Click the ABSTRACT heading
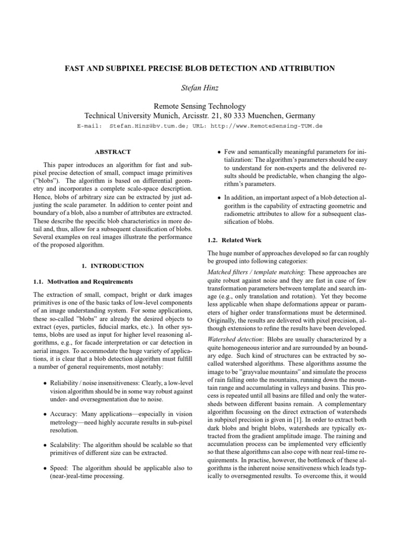pos(112,152)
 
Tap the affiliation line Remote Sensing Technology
pos(200,106)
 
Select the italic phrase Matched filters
pos(227,272)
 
